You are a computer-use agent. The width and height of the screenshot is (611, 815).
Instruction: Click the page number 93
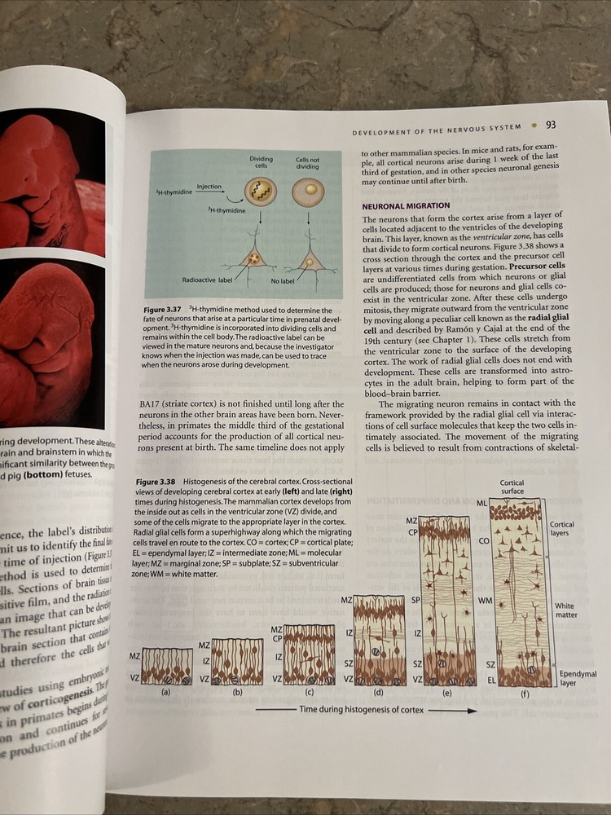550,124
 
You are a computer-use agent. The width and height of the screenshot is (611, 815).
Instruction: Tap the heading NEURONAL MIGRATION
406,205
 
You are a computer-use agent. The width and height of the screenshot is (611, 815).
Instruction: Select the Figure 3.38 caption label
157,482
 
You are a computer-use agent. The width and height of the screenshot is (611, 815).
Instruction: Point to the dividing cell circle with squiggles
262,192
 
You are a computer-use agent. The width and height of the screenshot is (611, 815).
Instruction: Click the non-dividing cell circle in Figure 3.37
308,192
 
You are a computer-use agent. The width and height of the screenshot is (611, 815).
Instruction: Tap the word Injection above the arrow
209,187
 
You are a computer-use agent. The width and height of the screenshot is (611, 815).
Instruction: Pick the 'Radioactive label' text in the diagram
207,280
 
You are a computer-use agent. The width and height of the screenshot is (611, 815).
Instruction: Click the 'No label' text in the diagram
282,280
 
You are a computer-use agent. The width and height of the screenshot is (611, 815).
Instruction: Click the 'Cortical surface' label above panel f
512,487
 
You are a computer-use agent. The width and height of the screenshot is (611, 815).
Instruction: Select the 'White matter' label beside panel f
565,610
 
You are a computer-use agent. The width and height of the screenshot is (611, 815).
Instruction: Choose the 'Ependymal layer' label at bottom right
578,678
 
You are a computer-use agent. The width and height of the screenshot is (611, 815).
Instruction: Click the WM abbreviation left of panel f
484,601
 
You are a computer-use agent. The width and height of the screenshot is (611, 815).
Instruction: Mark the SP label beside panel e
415,599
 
